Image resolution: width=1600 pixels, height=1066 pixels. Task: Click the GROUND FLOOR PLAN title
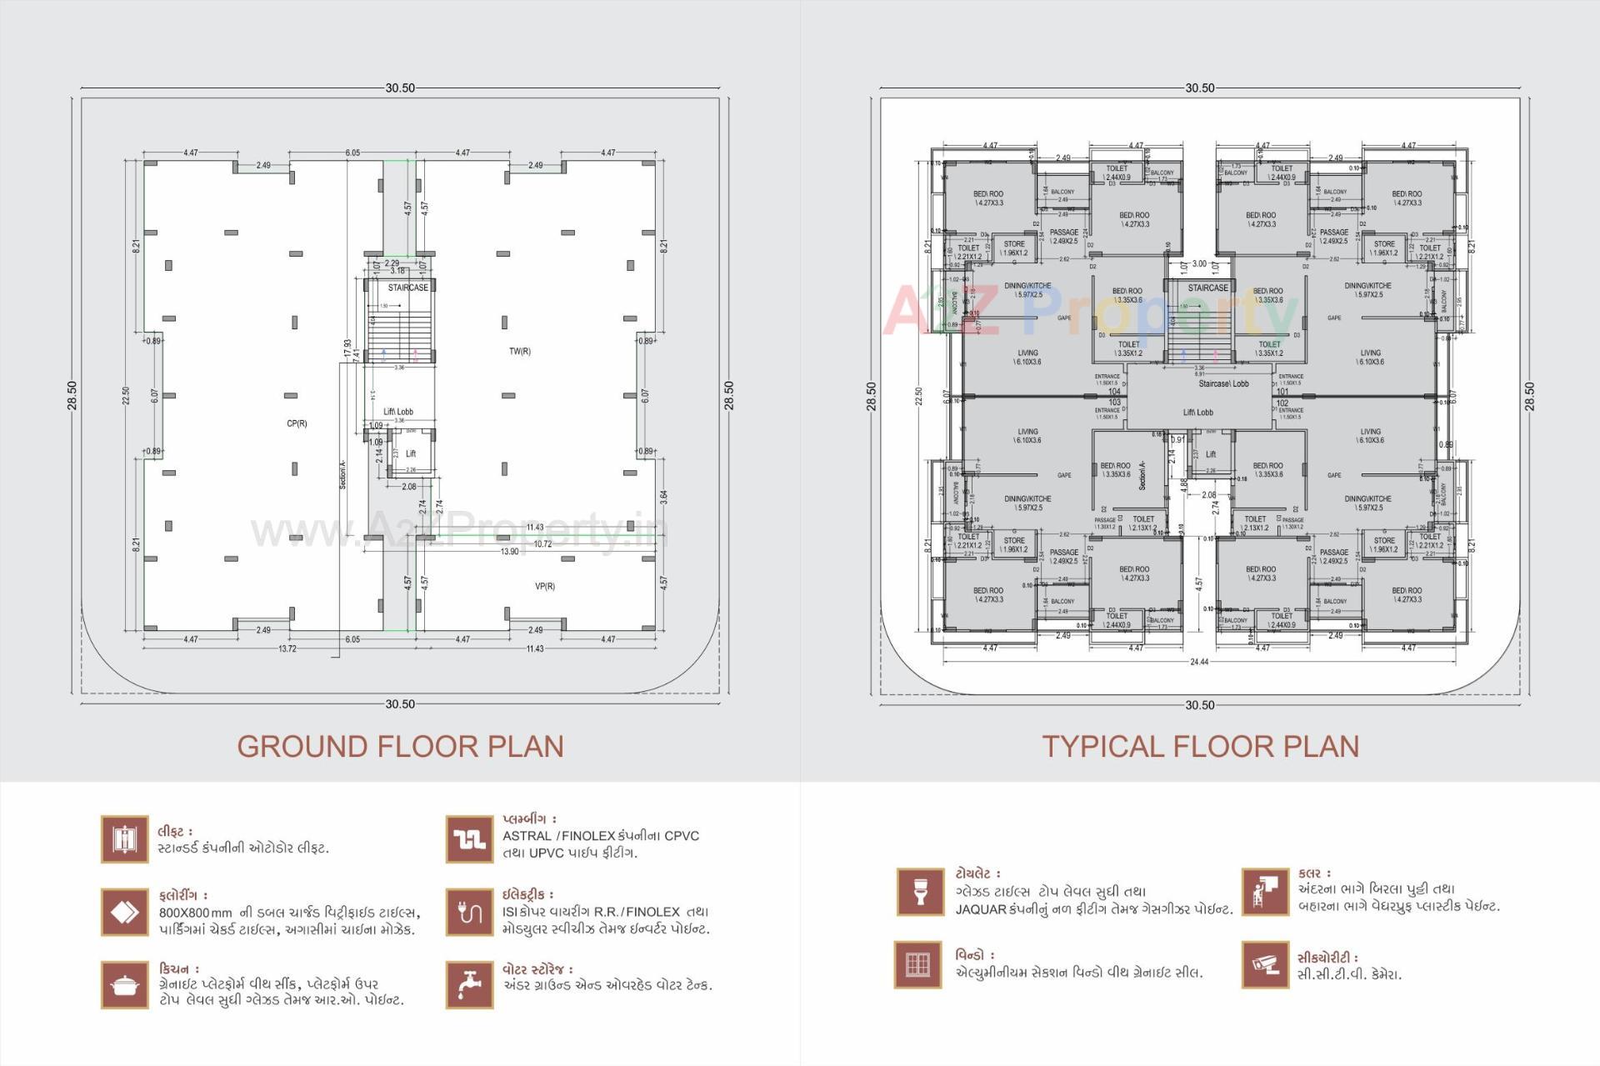click(400, 746)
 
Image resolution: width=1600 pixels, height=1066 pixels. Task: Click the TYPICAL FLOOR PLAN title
click(1200, 746)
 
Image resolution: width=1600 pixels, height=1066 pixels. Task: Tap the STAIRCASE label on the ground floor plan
click(407, 288)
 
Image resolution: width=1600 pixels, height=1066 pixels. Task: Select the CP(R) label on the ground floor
click(297, 423)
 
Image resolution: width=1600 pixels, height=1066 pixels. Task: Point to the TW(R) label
click(519, 351)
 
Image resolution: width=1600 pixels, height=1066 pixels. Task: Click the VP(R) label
click(544, 586)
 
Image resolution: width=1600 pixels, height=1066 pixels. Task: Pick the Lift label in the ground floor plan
click(410, 454)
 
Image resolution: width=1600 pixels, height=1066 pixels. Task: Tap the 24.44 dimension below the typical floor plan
click(1198, 662)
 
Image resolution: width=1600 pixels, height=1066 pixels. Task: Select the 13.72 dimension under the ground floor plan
click(287, 648)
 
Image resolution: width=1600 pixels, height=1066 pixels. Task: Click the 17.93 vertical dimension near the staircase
click(347, 348)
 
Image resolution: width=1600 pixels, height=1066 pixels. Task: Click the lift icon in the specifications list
click(124, 839)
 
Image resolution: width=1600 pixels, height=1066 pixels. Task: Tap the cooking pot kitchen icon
click(124, 985)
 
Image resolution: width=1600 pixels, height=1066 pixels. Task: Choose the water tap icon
click(469, 985)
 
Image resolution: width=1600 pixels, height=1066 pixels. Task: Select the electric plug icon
click(469, 913)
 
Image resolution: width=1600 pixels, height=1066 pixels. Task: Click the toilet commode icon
click(920, 891)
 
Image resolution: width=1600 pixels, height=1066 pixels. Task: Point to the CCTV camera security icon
click(1264, 965)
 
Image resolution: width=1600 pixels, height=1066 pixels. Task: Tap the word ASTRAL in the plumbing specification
click(527, 836)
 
